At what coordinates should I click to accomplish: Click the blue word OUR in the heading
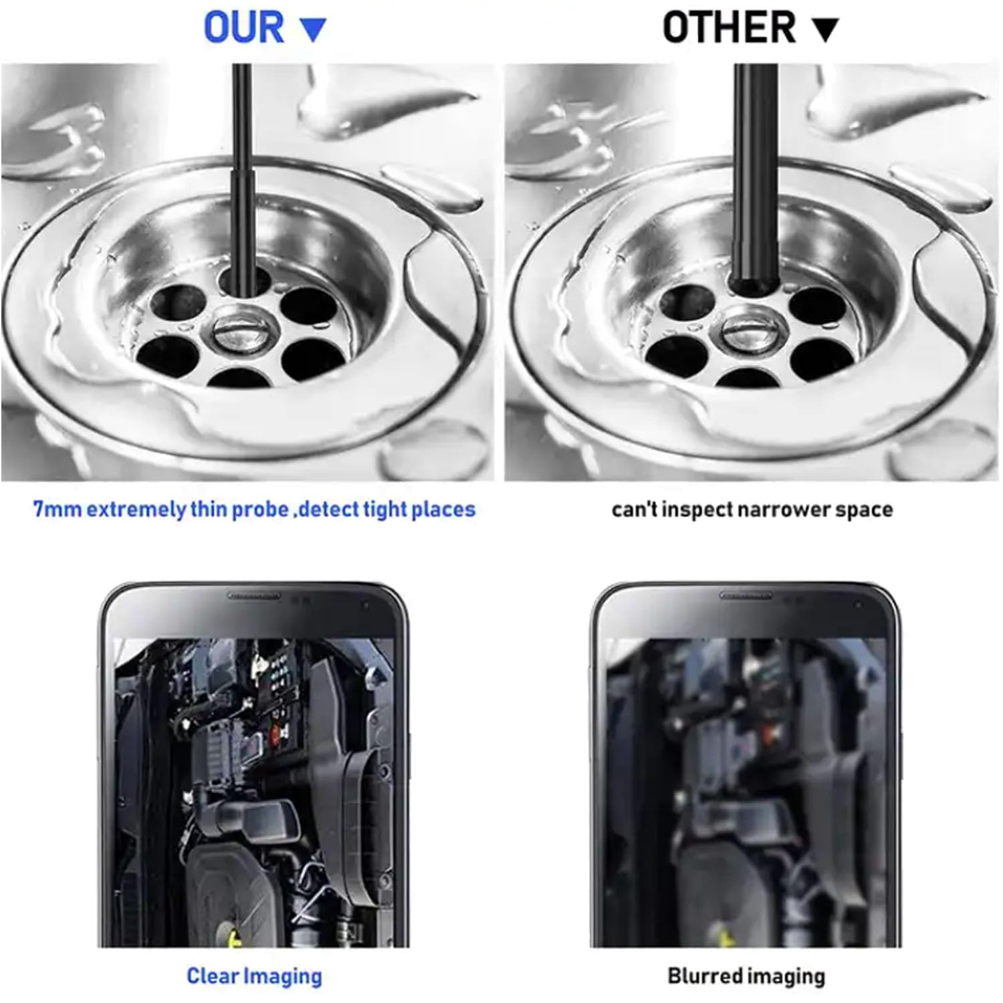click(244, 28)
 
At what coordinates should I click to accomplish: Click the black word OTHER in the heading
click(730, 28)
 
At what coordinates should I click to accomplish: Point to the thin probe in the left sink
click(242, 181)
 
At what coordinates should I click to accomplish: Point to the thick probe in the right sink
click(755, 181)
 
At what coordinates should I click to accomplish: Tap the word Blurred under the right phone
click(704, 976)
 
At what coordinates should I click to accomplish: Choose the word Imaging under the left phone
click(282, 977)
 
